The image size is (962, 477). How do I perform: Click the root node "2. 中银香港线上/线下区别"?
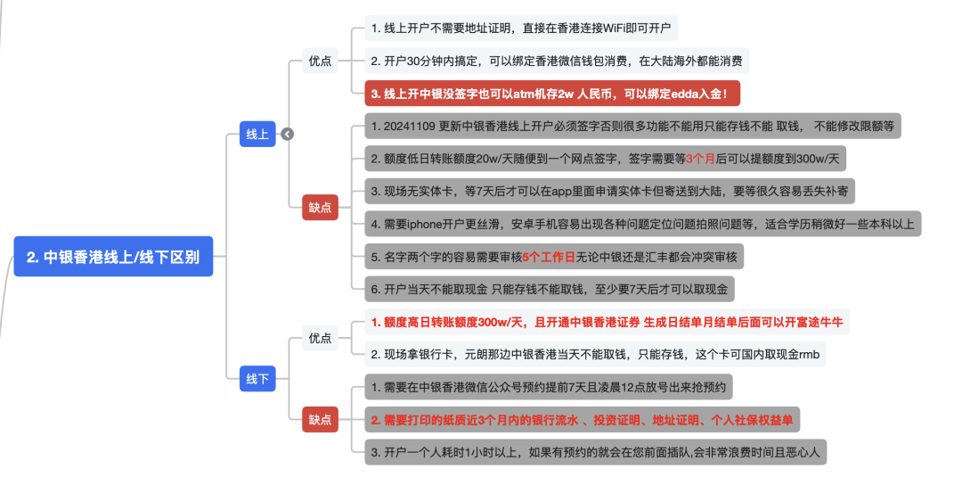pos(113,257)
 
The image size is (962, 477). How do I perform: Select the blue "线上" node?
pos(257,134)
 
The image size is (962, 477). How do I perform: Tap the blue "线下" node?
pos(257,379)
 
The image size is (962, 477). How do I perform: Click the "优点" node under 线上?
pos(320,61)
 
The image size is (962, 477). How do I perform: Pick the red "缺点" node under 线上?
pos(320,207)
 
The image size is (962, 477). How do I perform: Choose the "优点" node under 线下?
pos(320,338)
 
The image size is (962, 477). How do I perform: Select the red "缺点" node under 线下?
pos(320,419)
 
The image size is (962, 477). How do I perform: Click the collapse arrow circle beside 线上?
pos(287,134)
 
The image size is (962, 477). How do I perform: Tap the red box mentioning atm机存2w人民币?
pos(552,93)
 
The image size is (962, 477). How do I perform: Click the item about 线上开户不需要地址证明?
pos(521,29)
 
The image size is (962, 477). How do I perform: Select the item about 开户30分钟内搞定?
pos(557,61)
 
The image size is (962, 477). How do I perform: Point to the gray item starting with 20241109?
pos(632,126)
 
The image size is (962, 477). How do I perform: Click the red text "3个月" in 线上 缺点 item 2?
pos(704,159)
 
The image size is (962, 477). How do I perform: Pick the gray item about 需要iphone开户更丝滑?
pos(642,224)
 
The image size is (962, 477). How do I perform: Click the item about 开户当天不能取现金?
pos(549,289)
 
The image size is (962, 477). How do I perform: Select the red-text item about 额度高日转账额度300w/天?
pos(607,321)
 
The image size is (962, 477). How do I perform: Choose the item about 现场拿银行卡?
pos(594,354)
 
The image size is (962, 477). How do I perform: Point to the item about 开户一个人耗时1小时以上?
pos(594,452)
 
